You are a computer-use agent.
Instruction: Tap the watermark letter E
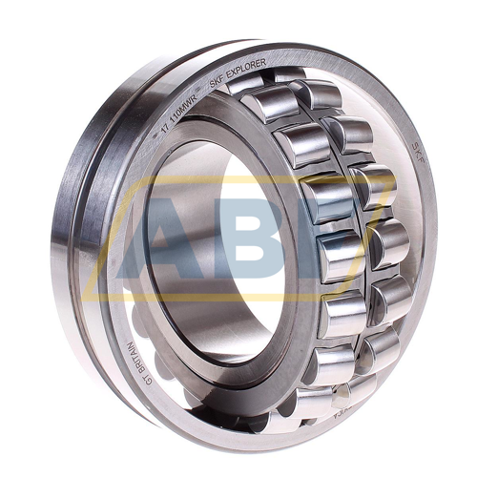(x=339, y=238)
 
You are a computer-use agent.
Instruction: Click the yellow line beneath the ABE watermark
(x=238, y=297)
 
